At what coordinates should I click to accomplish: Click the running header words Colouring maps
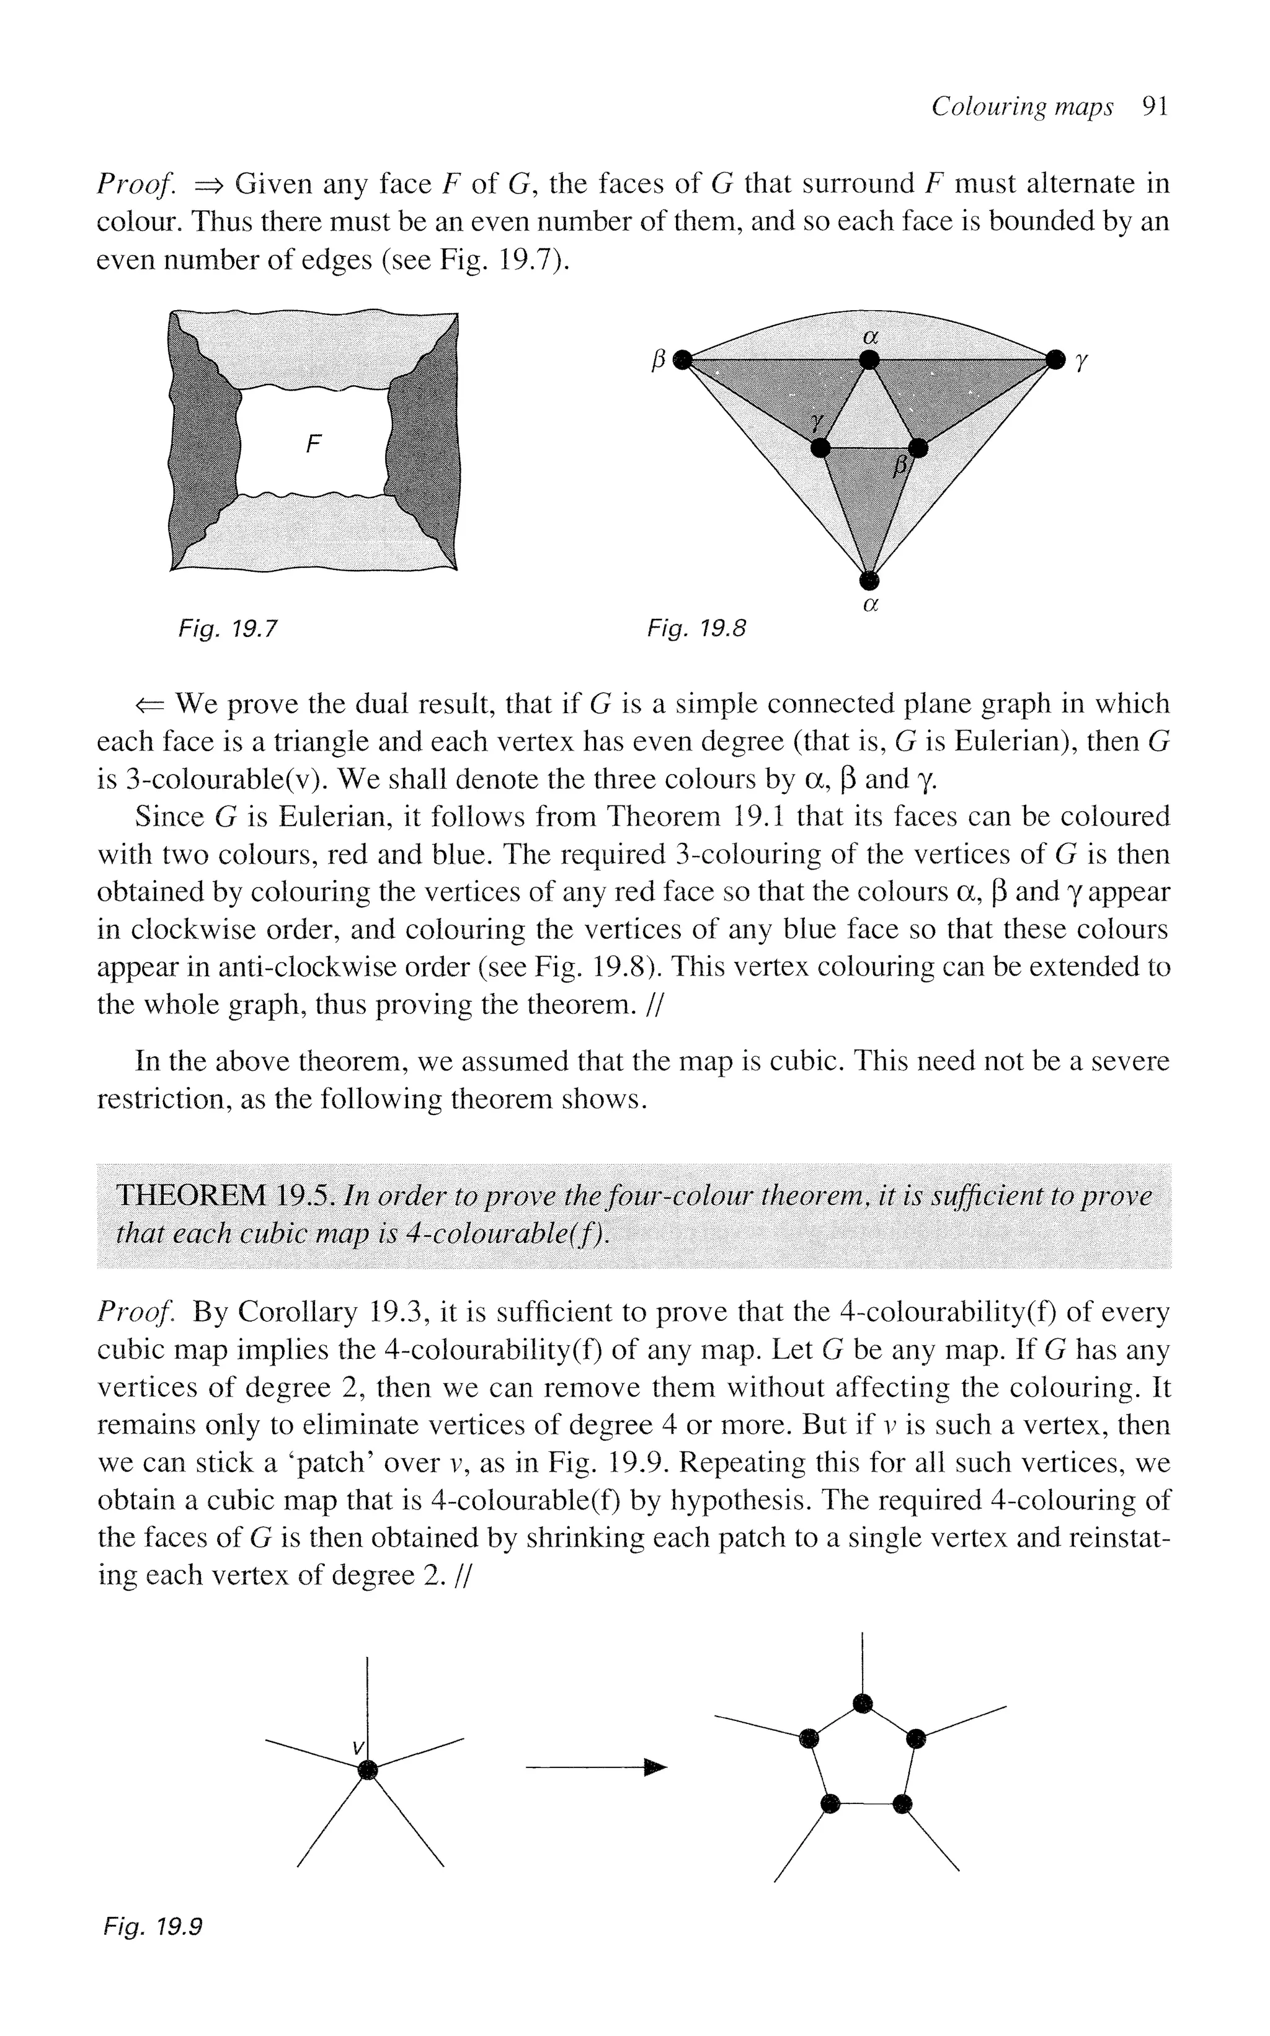[1023, 107]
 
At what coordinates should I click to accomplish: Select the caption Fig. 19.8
[696, 628]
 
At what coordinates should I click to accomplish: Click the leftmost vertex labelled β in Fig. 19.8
[685, 360]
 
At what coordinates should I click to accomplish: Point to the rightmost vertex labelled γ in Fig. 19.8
[1055, 360]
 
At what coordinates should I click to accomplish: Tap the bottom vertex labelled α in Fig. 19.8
[870, 580]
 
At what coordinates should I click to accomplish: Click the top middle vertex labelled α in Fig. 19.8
[870, 360]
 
